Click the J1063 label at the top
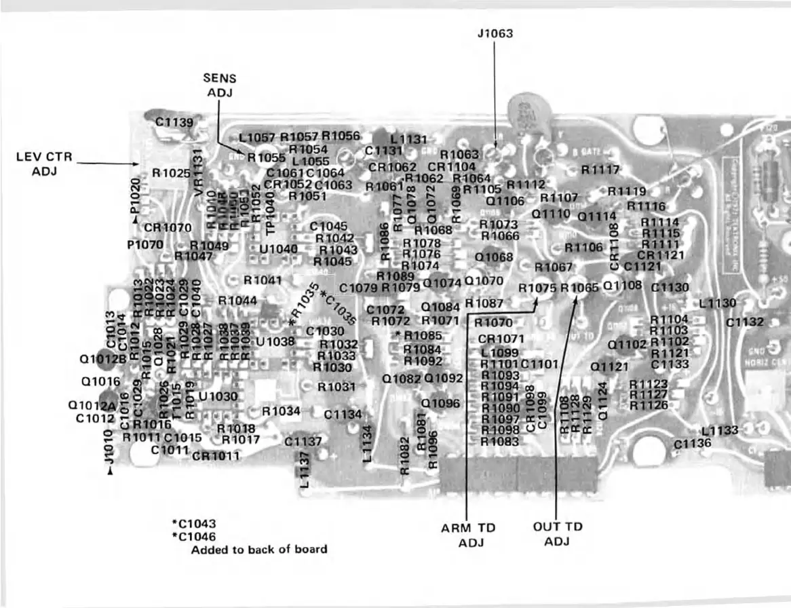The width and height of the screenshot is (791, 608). pyautogui.click(x=495, y=33)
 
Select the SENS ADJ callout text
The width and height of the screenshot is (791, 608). pyautogui.click(x=219, y=85)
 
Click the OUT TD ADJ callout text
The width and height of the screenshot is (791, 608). pyautogui.click(x=557, y=534)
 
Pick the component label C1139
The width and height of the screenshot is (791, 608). pyautogui.click(x=174, y=122)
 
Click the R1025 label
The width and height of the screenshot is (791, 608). pyautogui.click(x=171, y=173)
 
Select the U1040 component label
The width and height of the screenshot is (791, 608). pyautogui.click(x=279, y=249)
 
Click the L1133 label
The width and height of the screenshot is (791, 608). pyautogui.click(x=719, y=430)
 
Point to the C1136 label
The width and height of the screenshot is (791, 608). pyautogui.click(x=693, y=443)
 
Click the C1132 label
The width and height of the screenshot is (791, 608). pyautogui.click(x=745, y=322)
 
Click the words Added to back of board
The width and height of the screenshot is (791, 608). pyautogui.click(x=258, y=549)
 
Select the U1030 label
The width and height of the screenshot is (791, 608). pyautogui.click(x=218, y=396)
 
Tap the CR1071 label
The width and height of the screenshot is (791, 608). pyautogui.click(x=501, y=339)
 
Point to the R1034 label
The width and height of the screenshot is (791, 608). pyautogui.click(x=281, y=411)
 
